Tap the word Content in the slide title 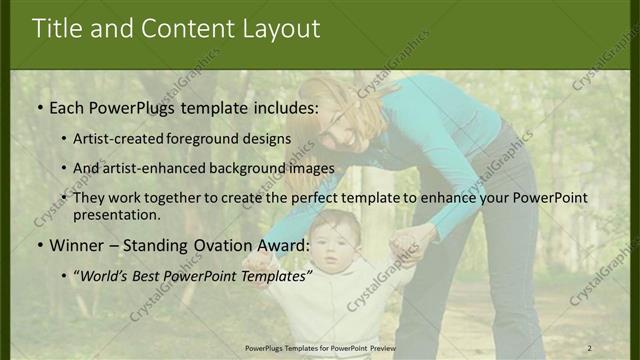click(187, 29)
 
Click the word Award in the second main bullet click(282, 245)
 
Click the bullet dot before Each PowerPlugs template click(39, 107)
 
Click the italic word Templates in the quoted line click(272, 274)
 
